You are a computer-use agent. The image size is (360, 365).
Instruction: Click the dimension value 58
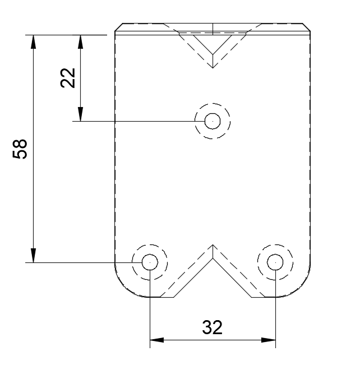coord(20,149)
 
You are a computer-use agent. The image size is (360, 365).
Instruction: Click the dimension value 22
coord(68,78)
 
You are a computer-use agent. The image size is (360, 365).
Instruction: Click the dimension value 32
coord(212,327)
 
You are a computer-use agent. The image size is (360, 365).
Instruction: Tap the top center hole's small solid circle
coord(213,121)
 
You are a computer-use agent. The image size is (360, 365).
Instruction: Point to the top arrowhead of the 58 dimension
coord(34,42)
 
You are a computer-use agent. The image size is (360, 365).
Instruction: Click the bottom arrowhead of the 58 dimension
coord(34,255)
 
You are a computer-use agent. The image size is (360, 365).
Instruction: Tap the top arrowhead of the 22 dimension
coord(81,42)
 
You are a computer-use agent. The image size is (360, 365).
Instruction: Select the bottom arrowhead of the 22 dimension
coord(81,114)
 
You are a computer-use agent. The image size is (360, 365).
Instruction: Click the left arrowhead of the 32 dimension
coord(157,340)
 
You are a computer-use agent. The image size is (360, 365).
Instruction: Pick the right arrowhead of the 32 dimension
coord(269,340)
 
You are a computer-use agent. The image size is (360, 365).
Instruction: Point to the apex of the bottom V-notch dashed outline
coord(213,244)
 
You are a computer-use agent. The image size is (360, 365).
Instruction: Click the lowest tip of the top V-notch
coord(213,68)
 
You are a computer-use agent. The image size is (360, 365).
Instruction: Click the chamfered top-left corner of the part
coord(119,27)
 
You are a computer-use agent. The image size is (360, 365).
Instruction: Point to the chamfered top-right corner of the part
coord(306,27)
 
